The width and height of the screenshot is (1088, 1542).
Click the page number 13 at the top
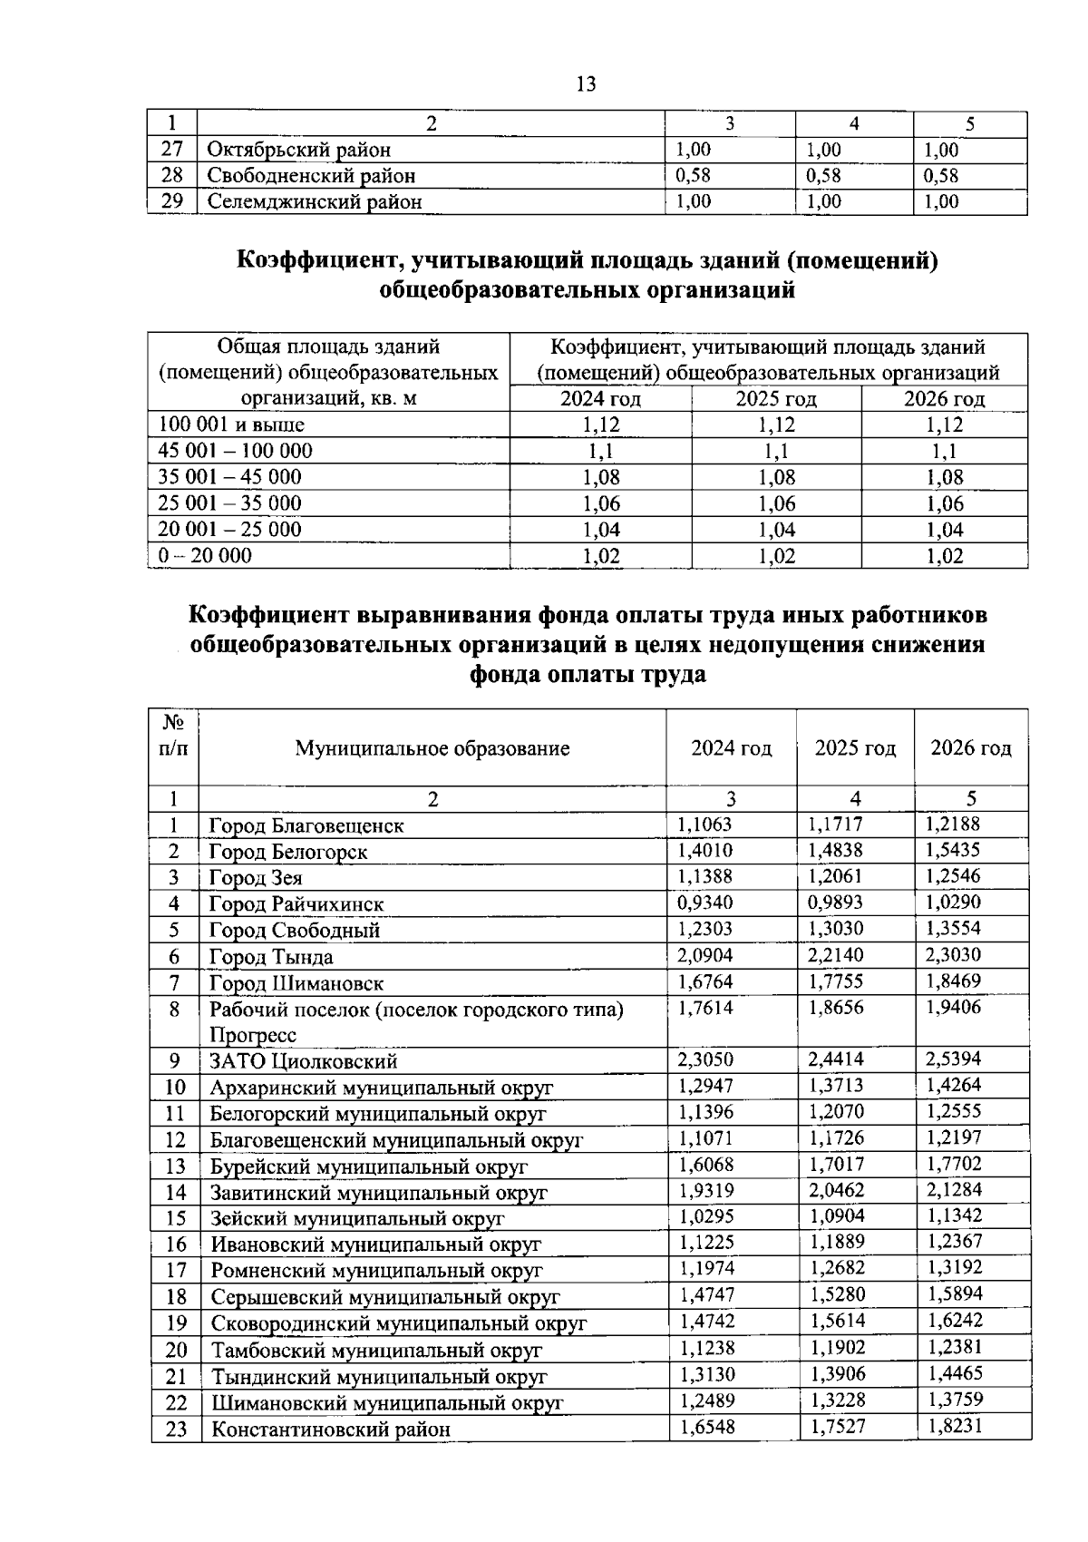click(x=586, y=84)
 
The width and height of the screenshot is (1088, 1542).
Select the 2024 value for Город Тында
click(x=705, y=955)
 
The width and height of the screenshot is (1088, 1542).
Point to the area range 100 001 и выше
click(x=231, y=425)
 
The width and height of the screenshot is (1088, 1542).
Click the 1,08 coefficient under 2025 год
click(x=776, y=477)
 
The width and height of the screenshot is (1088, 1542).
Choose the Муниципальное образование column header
click(x=432, y=748)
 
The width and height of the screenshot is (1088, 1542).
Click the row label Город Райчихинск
click(x=296, y=904)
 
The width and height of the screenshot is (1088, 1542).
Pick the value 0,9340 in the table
click(x=705, y=903)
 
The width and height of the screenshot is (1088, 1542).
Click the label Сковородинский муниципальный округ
click(x=399, y=1323)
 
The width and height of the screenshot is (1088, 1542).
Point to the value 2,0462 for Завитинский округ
click(x=836, y=1190)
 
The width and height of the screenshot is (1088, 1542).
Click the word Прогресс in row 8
click(x=253, y=1036)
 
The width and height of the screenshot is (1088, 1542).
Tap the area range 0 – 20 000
click(x=206, y=556)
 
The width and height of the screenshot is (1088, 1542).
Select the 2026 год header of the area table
click(x=944, y=399)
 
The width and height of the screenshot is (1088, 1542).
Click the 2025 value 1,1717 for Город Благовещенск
click(x=835, y=825)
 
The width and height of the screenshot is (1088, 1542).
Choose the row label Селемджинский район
click(x=315, y=202)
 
